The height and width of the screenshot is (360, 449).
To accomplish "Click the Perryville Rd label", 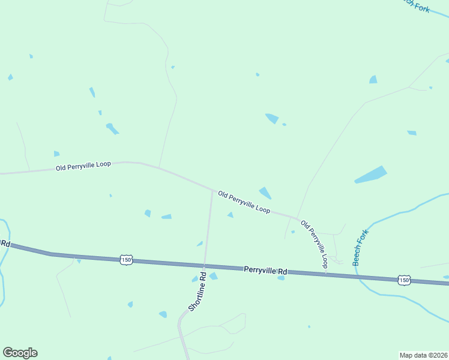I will click(x=265, y=271).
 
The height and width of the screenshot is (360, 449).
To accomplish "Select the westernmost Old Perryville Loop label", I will click(x=83, y=165).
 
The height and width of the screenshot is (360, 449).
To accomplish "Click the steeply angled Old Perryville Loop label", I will click(x=315, y=243).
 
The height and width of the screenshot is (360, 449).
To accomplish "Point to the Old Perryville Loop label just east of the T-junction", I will click(x=244, y=202).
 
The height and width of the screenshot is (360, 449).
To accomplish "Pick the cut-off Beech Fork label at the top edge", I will click(x=416, y=5).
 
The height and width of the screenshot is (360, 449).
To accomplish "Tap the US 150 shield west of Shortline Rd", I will click(x=125, y=260).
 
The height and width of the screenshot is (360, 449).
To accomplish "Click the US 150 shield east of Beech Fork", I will click(x=404, y=280).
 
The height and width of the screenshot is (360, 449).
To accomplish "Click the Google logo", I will click(x=20, y=353).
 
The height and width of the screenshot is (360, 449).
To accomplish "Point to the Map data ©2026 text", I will click(x=423, y=355).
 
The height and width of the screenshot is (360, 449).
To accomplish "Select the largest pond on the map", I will click(x=370, y=175).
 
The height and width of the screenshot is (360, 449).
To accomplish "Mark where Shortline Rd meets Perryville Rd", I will click(x=204, y=266).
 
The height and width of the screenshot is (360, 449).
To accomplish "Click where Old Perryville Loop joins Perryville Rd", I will click(x=326, y=274).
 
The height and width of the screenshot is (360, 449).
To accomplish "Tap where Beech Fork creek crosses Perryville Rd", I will click(x=358, y=276).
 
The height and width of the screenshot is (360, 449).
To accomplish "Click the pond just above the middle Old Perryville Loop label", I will click(x=265, y=193).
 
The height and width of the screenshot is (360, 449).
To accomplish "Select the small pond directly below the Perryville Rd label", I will click(x=280, y=278).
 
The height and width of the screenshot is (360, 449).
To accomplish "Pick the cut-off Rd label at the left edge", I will click(x=5, y=243).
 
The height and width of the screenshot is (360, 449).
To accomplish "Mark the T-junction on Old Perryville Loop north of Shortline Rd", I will click(x=212, y=191).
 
